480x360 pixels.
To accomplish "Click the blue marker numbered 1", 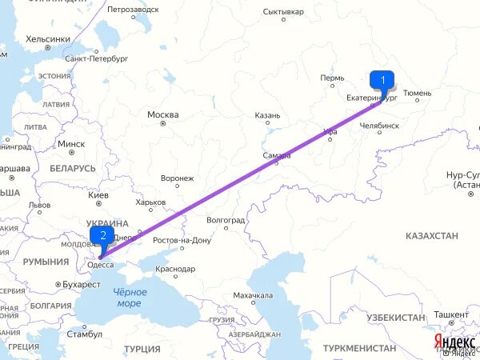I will coord(382,80).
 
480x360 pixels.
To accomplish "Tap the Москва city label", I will coord(162,114).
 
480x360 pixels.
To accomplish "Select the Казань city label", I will coord(267,115).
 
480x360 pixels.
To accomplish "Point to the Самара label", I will coord(276,155).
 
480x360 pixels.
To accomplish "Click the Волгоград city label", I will coord(225,219).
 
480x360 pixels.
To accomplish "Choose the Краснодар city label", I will coord(175,269).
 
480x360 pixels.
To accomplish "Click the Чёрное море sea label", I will coord(127,298).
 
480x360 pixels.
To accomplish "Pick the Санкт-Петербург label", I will coord(97,58).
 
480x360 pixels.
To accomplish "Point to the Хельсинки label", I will coord(48,38).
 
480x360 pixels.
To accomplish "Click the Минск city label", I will coord(71,144).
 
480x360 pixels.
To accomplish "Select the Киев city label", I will coord(98,195).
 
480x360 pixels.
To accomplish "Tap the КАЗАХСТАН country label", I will coord(431,235).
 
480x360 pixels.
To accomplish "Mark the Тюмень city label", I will coord(417,93).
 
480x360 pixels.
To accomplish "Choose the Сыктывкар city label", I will coord(283,12).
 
